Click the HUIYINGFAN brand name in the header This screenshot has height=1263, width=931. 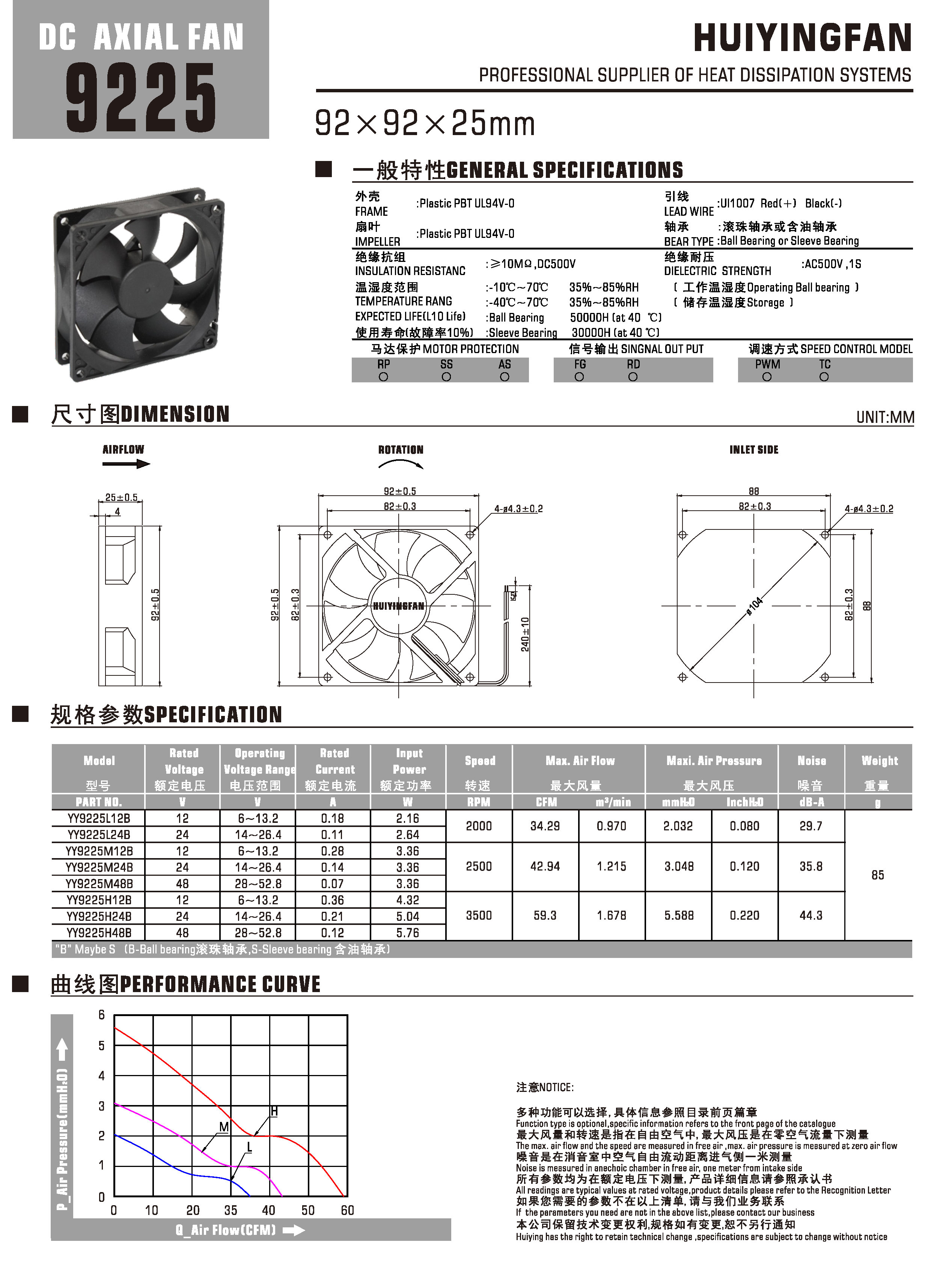(x=802, y=38)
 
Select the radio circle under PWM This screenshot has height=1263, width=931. (x=767, y=377)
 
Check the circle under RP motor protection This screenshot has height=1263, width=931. (x=384, y=377)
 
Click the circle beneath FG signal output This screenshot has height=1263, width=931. (x=579, y=377)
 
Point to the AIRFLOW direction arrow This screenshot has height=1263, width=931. (x=126, y=464)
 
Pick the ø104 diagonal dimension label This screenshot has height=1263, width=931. (x=755, y=606)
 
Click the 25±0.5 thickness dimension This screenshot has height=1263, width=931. (x=121, y=498)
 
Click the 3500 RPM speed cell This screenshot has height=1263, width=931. (x=479, y=916)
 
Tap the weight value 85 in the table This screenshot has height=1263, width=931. (x=877, y=875)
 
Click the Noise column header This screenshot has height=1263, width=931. (x=812, y=761)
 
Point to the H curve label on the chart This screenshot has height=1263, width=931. (x=274, y=1111)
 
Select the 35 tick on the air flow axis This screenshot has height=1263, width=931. (x=230, y=1210)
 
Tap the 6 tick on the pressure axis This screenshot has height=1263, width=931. (x=101, y=1015)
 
